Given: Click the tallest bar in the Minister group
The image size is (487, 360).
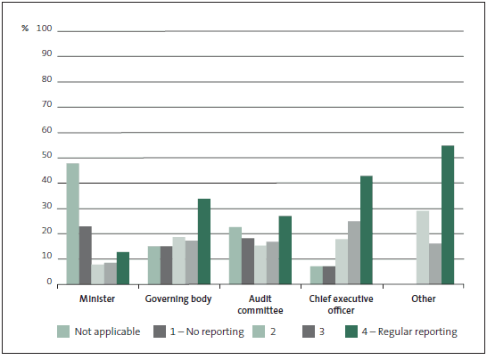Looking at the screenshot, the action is click(x=72, y=224).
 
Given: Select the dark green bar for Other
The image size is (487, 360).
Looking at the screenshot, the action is click(x=448, y=215).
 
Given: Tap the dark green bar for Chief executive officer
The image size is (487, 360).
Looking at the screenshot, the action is click(x=367, y=230).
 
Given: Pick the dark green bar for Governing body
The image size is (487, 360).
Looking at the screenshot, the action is click(x=204, y=241).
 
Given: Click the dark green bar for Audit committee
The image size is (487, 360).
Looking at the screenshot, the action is click(x=285, y=250).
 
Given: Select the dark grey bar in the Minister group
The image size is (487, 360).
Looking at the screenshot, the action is click(x=86, y=256).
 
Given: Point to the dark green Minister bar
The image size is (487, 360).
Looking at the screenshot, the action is click(x=123, y=268).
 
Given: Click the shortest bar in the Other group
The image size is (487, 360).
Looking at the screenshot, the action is click(x=435, y=264).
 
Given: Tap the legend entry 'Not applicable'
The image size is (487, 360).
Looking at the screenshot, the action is click(x=99, y=331).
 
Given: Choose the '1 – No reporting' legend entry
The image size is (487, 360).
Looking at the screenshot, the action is click(x=199, y=331).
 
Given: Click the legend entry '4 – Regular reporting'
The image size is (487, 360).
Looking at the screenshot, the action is click(x=401, y=331).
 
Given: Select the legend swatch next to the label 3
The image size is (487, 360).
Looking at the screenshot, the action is click(x=309, y=331).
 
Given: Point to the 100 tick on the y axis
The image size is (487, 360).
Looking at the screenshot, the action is click(x=44, y=29).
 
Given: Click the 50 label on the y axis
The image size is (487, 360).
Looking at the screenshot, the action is click(x=47, y=155).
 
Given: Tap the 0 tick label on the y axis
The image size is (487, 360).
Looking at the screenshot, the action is click(x=49, y=282).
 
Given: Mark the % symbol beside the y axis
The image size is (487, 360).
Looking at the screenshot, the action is click(x=25, y=29).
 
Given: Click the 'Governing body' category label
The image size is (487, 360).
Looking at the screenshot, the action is click(x=178, y=299).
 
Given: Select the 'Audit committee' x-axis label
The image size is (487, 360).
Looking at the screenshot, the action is click(x=260, y=305).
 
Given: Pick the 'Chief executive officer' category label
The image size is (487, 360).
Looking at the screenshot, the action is click(x=341, y=305).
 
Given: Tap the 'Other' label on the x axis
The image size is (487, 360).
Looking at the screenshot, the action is click(x=424, y=299).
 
